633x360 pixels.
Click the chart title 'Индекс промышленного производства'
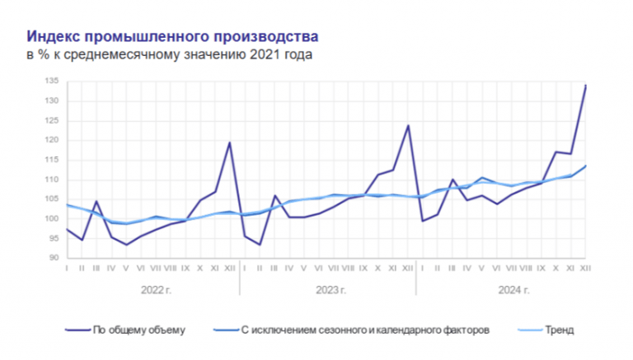171,37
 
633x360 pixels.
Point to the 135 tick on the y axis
51,81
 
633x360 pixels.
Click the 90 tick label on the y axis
53,258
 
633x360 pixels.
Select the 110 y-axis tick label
51,180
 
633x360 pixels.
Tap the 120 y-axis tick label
51,140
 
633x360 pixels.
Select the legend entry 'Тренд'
558,330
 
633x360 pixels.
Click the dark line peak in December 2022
229,143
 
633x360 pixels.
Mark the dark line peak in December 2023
407,125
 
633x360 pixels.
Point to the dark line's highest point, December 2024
586,85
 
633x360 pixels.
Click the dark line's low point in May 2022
126,245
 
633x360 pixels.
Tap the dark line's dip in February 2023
260,245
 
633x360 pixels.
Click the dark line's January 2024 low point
422,221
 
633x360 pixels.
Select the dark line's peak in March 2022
96,201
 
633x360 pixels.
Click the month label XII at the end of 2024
586,269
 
